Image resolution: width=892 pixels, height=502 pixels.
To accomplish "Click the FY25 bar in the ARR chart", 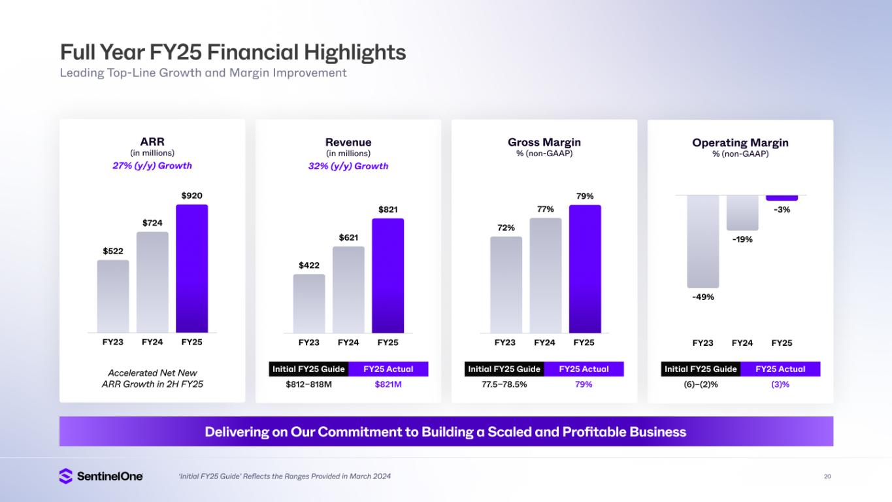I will pos(191,269).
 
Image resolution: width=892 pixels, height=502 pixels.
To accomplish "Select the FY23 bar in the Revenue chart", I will pos(309,303).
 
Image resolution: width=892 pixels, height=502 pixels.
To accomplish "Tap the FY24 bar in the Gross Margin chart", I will pos(545,275).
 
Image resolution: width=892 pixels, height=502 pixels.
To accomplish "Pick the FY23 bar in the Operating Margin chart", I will pos(702,241).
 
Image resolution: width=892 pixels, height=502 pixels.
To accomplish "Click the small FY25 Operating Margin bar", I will pos(782,197).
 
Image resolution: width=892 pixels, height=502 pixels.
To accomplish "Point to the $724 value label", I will pos(152,224).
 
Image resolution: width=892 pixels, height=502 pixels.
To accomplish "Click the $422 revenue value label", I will pos(309,265).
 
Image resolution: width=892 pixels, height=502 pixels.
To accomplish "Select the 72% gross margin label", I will pos(506,228).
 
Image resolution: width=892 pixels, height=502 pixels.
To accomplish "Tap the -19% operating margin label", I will pos(742,239).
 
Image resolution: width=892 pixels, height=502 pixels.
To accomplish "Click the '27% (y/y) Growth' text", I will pos(152,166).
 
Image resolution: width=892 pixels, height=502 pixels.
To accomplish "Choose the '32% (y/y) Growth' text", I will pos(348,166).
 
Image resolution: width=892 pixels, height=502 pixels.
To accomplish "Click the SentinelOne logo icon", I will pos(65,477).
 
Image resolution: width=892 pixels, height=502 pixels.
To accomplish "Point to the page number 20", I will pos(827,477).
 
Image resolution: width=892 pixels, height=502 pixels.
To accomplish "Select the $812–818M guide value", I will pos(308,384).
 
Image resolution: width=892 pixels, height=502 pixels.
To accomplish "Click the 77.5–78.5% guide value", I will pos(504,384).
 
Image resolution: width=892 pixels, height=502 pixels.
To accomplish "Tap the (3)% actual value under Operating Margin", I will pos(780,384).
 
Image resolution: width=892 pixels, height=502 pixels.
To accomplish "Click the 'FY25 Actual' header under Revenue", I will pos(388,369).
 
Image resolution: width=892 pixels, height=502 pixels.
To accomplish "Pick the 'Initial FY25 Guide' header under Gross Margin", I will pos(504,369).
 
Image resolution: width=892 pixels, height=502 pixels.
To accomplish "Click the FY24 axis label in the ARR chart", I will pos(152,342).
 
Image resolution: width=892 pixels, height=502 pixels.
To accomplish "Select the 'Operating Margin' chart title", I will pos(740,142).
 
